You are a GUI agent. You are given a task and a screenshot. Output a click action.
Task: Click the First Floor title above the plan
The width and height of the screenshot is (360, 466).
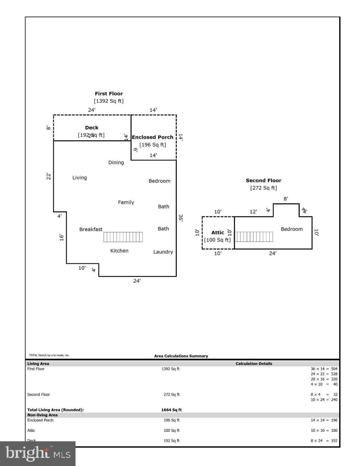109,94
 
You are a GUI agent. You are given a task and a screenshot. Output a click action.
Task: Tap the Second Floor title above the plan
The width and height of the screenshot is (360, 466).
263,180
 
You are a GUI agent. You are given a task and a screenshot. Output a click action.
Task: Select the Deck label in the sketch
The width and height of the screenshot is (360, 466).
92,127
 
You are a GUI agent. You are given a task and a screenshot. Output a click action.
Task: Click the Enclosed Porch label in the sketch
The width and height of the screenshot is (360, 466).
152,137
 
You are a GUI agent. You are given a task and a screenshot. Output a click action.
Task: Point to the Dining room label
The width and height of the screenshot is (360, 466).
116,162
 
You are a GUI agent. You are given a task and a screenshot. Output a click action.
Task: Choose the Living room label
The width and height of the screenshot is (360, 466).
79,178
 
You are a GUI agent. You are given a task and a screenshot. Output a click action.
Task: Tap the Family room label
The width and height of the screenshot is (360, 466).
126,202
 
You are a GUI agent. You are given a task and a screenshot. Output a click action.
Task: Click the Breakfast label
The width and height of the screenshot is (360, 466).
91,229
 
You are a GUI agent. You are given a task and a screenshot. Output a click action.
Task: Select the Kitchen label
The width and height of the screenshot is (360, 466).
119,251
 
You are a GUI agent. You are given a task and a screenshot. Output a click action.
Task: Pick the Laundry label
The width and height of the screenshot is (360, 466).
163,252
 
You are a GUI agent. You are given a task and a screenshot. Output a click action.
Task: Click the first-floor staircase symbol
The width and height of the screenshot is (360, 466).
123,237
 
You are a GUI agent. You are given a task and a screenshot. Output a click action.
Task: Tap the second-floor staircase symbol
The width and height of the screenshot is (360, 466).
254,237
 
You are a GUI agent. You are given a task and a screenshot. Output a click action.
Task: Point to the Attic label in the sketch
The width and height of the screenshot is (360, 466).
217,232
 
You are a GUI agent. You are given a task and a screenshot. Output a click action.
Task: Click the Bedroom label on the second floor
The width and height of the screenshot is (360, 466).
292,229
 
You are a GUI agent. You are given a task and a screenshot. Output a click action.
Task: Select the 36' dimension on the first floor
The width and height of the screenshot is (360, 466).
180,218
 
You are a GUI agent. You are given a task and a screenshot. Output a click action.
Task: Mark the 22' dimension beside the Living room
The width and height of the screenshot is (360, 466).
49,176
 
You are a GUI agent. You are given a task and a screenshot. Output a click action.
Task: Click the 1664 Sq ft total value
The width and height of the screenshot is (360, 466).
171,410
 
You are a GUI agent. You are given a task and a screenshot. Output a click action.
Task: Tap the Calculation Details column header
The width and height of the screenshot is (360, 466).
254,364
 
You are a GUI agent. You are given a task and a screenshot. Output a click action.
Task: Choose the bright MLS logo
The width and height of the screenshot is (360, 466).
38,454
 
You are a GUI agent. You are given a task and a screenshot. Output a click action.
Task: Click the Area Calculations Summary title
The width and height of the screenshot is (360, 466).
181,356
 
